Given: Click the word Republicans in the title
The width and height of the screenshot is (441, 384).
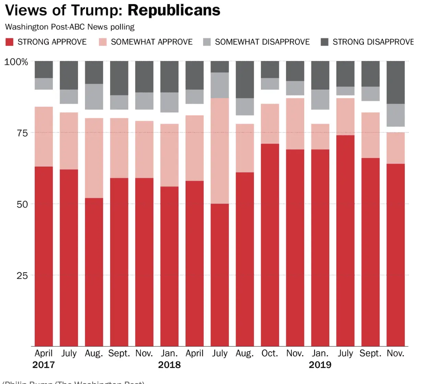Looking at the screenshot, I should pyautogui.click(x=174, y=10).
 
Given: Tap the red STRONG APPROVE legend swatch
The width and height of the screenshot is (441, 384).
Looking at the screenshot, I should pyautogui.click(x=10, y=42).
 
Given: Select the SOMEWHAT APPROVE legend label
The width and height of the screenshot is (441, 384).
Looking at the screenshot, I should pyautogui.click(x=152, y=42).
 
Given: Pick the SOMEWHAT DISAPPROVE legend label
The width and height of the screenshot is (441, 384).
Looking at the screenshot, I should pyautogui.click(x=262, y=42).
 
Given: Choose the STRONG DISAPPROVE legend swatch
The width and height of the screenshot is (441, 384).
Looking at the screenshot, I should pyautogui.click(x=324, y=42).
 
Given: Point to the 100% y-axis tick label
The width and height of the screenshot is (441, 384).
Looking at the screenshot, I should pyautogui.click(x=16, y=62).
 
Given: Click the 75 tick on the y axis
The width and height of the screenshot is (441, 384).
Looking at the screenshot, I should pyautogui.click(x=22, y=133).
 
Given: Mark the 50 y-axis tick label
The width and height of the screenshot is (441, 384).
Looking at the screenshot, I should pyautogui.click(x=22, y=204).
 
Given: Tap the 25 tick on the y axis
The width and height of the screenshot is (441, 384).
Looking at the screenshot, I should pyautogui.click(x=22, y=275).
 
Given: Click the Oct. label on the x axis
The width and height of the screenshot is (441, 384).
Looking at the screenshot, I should pyautogui.click(x=270, y=353).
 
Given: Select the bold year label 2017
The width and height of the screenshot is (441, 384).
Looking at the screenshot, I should pyautogui.click(x=44, y=365).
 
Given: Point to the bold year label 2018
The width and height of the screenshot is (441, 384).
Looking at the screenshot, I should pyautogui.click(x=169, y=365).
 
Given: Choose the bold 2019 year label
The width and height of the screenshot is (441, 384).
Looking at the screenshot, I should pyautogui.click(x=320, y=365).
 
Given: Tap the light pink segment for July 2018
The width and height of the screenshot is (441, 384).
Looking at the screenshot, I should pyautogui.click(x=219, y=151).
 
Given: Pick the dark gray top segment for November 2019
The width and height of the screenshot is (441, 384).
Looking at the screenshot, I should pyautogui.click(x=395, y=82).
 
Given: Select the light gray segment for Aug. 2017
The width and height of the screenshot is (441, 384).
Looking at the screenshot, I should pyautogui.click(x=94, y=97).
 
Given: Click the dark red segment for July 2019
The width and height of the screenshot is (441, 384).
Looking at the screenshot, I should pyautogui.click(x=345, y=240).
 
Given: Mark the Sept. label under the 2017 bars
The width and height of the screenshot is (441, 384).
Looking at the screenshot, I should pyautogui.click(x=119, y=353).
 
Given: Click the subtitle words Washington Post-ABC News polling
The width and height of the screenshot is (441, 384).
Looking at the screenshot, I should pyautogui.click(x=70, y=27).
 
